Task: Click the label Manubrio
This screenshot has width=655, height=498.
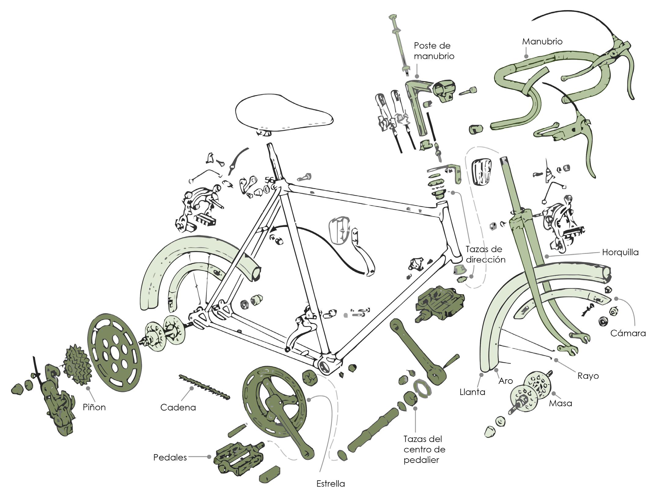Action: click(x=542, y=42)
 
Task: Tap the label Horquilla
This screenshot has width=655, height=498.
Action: click(x=620, y=252)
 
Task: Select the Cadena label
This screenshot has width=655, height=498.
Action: click(x=178, y=407)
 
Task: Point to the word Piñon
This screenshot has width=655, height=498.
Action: click(x=94, y=407)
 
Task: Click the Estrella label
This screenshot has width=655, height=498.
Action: click(x=330, y=484)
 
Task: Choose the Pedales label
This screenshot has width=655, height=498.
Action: click(x=170, y=458)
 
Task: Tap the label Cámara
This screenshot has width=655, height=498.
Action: click(x=628, y=333)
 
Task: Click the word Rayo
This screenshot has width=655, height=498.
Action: click(x=588, y=376)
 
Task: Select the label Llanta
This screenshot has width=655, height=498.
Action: click(x=472, y=392)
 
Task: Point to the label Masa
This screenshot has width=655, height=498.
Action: click(x=560, y=403)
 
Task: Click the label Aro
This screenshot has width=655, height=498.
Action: click(x=506, y=381)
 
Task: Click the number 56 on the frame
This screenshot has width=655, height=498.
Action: click(x=269, y=180)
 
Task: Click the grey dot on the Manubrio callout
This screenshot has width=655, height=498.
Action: click(x=526, y=56)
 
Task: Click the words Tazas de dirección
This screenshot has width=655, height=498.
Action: click(x=485, y=254)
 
